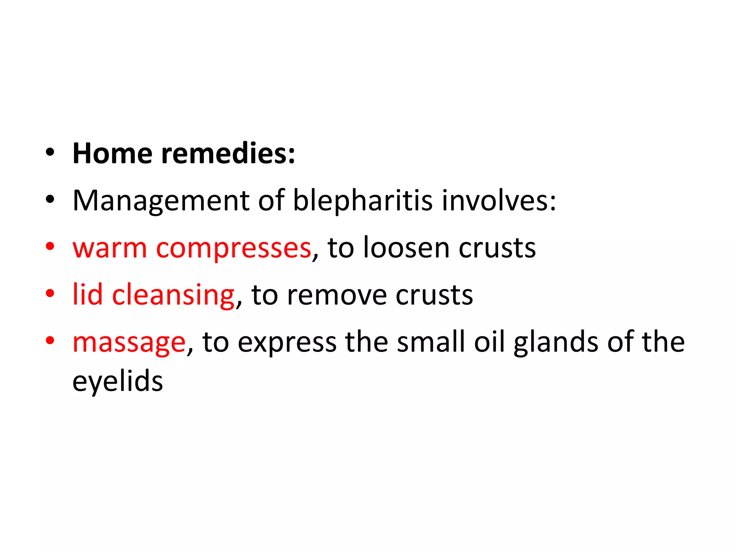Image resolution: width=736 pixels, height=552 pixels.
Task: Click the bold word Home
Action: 112,154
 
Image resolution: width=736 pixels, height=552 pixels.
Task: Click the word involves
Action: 498,201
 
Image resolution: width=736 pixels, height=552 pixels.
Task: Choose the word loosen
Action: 406,248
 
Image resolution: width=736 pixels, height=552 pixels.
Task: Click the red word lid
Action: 88,295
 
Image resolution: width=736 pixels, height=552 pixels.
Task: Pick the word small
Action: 431,342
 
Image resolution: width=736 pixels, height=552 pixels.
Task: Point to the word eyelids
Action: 118,382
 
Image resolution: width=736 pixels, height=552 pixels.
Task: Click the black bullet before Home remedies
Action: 50,152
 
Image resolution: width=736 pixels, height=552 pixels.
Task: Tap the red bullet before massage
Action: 50,340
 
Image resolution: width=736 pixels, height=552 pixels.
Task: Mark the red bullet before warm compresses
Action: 50,247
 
